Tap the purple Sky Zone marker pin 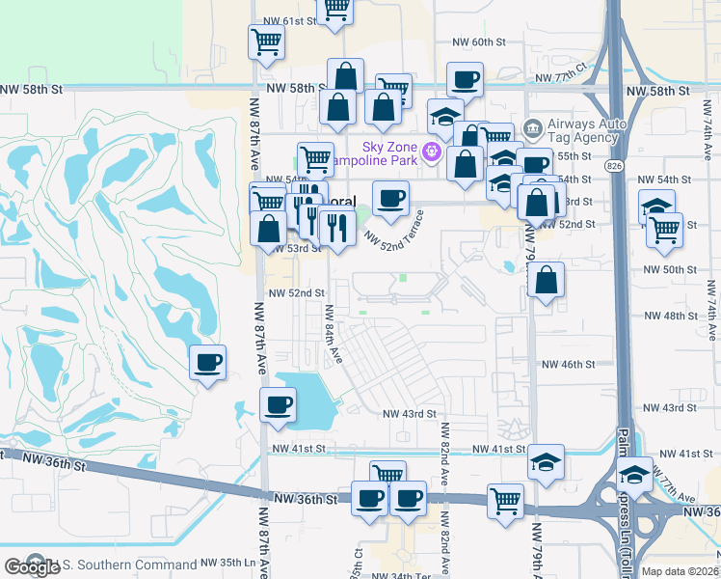[x=430, y=151]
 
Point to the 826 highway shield [x=614, y=166]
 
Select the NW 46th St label [x=568, y=364]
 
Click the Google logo [x=32, y=566]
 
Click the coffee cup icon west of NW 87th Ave [x=208, y=363]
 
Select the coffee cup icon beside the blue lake [x=278, y=404]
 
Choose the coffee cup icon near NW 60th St [x=465, y=79]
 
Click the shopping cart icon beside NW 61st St [x=335, y=9]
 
